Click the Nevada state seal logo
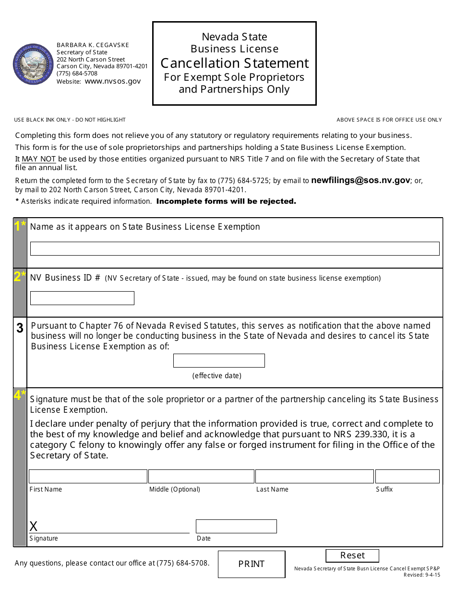34,64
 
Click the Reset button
352,555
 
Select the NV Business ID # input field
82,298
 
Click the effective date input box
219,360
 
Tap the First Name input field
88,476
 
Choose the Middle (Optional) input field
201,476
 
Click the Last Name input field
314,476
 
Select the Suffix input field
407,476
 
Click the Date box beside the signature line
236,526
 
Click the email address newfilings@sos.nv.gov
360,181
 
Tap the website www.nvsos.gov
113,81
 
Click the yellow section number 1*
20,226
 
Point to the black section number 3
20,328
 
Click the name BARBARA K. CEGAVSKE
93,45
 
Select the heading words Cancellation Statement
235,63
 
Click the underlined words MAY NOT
39,159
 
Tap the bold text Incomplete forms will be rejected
226,201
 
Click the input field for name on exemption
235,248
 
